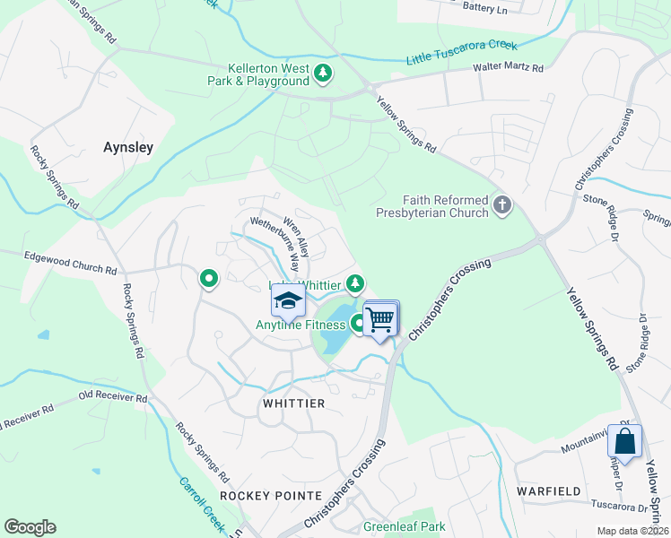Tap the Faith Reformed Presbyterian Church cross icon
click(502, 205)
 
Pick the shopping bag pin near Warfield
click(625, 441)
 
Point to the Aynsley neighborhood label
click(128, 147)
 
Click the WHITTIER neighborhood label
click(293, 403)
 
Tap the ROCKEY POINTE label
click(270, 496)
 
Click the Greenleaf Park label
click(404, 526)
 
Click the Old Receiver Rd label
click(112, 397)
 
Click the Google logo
click(30, 527)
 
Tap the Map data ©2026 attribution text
click(632, 531)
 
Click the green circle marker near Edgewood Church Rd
click(209, 279)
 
